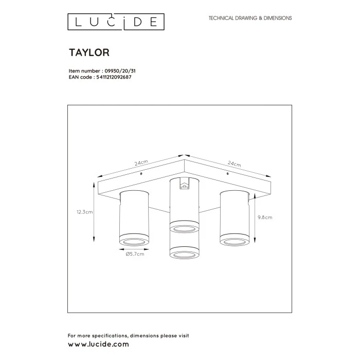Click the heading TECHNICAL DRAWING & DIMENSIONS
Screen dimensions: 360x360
tap(250, 18)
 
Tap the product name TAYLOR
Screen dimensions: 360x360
tap(89, 52)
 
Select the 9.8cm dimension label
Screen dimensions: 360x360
tap(265, 218)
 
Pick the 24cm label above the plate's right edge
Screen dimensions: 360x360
tap(234, 164)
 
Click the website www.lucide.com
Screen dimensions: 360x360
tap(99, 344)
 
